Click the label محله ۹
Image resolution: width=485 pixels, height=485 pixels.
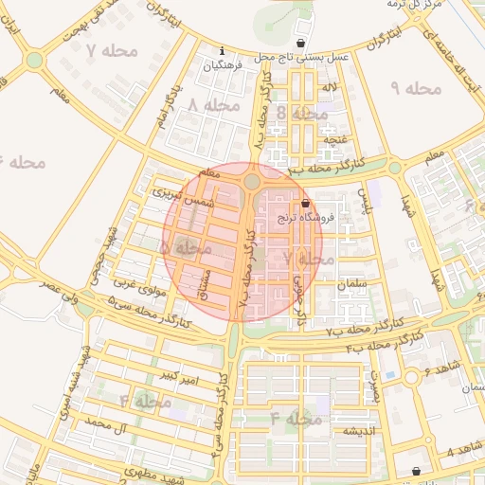pos(416,88)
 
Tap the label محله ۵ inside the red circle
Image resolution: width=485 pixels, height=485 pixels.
pos(185,247)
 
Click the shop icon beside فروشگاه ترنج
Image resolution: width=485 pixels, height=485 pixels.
pos(304,204)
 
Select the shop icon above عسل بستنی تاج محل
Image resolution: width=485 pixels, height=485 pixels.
pos(301,44)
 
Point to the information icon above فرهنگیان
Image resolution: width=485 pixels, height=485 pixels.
pos(222,51)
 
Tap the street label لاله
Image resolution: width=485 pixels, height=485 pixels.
pos(330,88)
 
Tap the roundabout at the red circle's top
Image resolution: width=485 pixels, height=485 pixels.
pos(251,181)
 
